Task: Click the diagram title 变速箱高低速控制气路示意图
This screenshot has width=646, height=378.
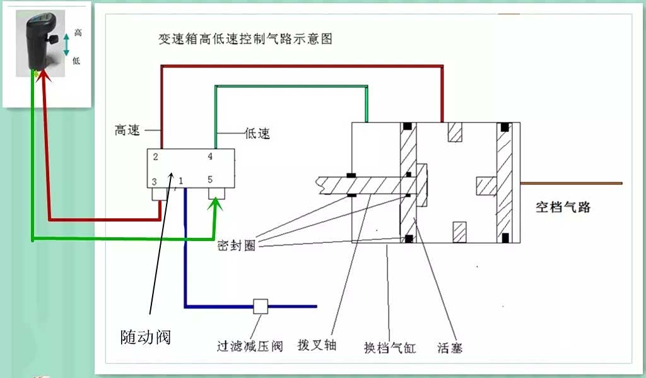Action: [x=245, y=38]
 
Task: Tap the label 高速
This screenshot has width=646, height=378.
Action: [x=129, y=130]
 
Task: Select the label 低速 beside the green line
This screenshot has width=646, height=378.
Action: [x=257, y=133]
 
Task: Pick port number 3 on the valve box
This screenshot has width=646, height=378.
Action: [x=154, y=182]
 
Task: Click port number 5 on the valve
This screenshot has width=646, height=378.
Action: [x=210, y=180]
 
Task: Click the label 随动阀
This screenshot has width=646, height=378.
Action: [x=146, y=337]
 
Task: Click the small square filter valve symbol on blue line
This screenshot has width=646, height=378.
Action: [x=261, y=307]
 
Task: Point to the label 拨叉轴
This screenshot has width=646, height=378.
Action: [x=317, y=345]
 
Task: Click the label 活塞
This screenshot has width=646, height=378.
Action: [x=450, y=347]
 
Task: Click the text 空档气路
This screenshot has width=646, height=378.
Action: [x=563, y=207]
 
